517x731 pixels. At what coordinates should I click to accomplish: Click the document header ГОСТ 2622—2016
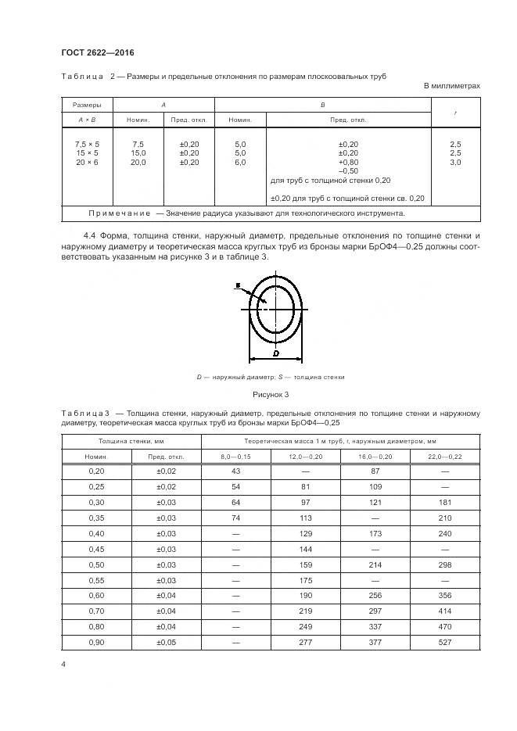tap(98, 52)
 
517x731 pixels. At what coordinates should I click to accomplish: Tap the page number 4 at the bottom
tap(63, 664)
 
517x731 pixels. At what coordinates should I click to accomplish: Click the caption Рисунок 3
tap(271, 395)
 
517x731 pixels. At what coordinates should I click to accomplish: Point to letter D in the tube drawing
tap(276, 353)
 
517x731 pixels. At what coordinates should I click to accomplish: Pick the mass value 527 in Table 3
tap(445, 643)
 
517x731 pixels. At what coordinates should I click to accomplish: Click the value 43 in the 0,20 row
tap(235, 471)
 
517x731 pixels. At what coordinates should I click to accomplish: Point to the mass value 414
tap(445, 611)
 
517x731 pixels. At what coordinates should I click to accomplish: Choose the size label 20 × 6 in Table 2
tap(87, 163)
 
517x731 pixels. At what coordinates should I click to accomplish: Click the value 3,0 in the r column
tap(455, 163)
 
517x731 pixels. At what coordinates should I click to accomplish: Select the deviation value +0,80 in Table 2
tap(348, 163)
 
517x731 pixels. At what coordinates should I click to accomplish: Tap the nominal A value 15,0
tap(138, 154)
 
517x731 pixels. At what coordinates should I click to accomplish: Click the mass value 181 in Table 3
tap(445, 502)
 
